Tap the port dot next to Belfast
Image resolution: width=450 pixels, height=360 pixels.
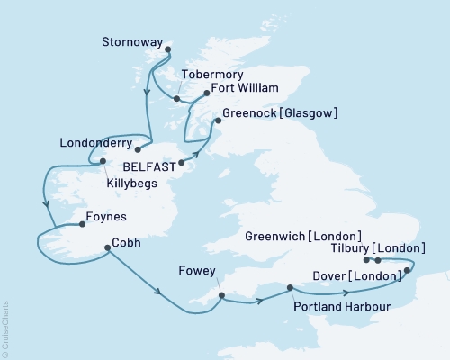click(x=182, y=163)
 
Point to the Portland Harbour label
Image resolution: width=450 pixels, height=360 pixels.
click(x=332, y=305)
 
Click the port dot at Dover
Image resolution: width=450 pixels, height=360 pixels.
click(x=407, y=270)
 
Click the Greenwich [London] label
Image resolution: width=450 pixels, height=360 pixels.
click(x=303, y=236)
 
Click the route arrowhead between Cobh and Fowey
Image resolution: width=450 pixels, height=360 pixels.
click(x=158, y=292)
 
